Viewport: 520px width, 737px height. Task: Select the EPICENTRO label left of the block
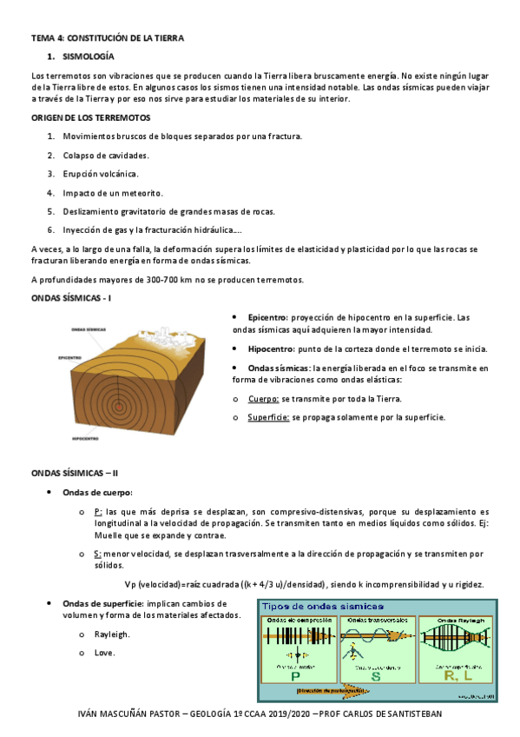coord(70,357)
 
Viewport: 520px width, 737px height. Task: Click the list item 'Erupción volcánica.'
coord(100,174)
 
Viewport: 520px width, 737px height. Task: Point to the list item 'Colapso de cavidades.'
coord(105,155)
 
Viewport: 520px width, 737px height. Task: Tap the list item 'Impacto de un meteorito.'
coord(112,192)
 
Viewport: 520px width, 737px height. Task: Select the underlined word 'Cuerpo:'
coord(262,399)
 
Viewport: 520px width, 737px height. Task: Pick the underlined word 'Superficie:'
coord(268,417)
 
